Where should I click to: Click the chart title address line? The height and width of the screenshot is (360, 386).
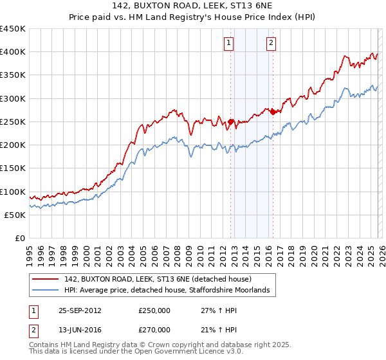coord(193,7)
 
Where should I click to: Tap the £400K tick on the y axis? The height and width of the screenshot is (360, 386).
coord(13,52)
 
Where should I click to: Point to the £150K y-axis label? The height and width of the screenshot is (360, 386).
coord(13,168)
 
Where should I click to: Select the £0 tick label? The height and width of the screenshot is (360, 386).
coord(20,238)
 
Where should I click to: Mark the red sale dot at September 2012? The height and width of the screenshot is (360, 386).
coord(230,121)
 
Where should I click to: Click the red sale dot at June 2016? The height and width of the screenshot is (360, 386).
coord(273,112)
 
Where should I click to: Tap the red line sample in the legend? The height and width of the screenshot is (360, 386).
coord(45,280)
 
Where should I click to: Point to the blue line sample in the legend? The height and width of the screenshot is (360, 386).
coord(45,291)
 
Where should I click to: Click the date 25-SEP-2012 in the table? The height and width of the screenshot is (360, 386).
coord(80,310)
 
